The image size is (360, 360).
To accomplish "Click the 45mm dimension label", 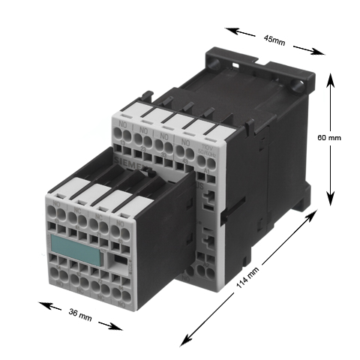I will [274, 40].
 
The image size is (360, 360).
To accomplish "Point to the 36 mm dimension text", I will [80, 316].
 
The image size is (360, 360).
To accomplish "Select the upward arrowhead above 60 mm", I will [330, 78].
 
